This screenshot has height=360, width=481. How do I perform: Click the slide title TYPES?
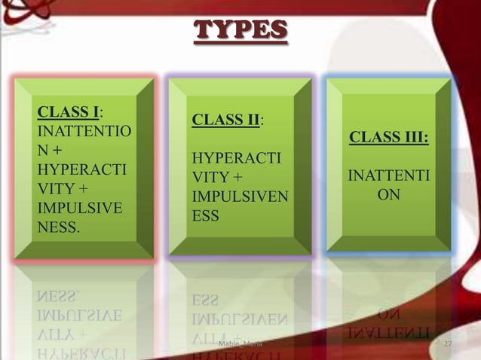[x=240, y=29]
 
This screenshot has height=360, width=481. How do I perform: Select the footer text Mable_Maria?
[x=239, y=345]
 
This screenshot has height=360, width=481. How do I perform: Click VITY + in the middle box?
[x=218, y=178]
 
